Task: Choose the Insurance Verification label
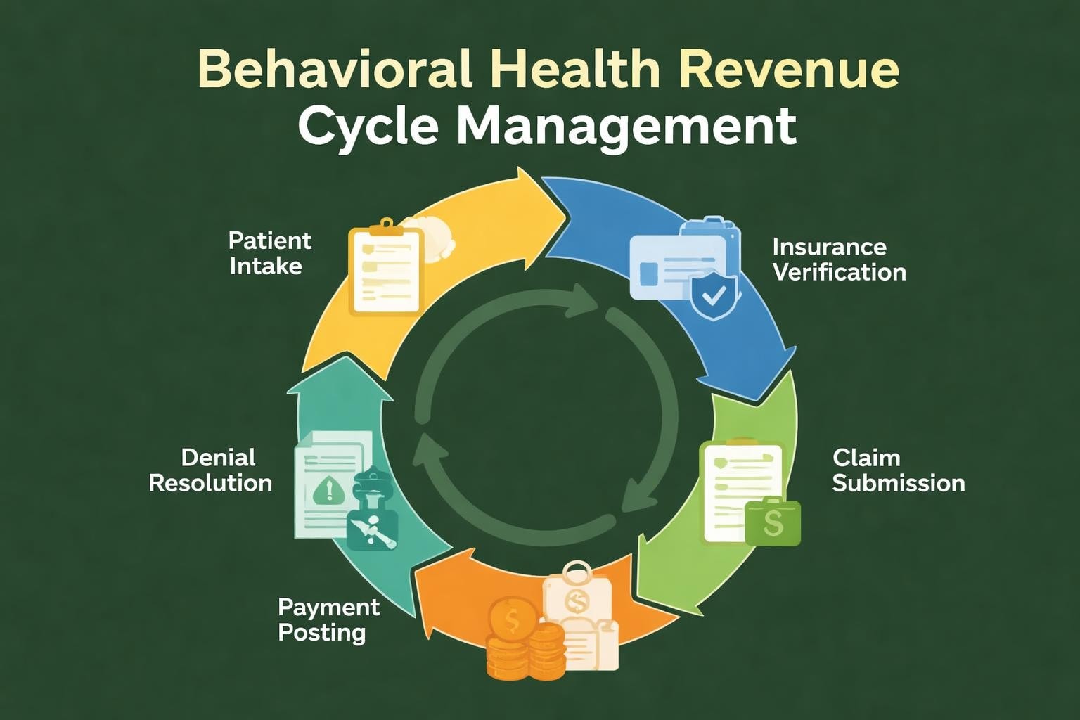839,259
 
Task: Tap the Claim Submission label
898,470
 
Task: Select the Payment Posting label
328,619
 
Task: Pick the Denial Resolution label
211,470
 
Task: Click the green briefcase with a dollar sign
773,522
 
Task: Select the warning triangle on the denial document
329,489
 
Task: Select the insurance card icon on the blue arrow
676,267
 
